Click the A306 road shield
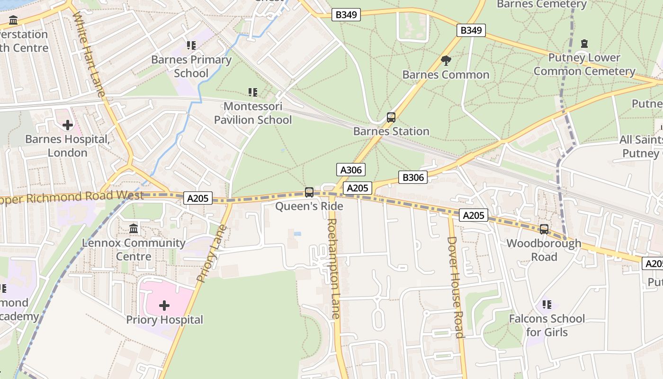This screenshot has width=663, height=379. pyautogui.click(x=351, y=170)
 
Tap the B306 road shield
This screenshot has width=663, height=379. pyautogui.click(x=412, y=177)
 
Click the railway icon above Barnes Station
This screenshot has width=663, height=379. pyautogui.click(x=391, y=117)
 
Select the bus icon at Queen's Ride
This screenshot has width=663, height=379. pyautogui.click(x=309, y=192)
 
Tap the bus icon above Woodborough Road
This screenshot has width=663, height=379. pyautogui.click(x=544, y=229)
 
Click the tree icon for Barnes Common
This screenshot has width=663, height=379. pyautogui.click(x=446, y=60)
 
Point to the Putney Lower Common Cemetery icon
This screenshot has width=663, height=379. pyautogui.click(x=584, y=44)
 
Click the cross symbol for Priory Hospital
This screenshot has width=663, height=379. pyautogui.click(x=164, y=306)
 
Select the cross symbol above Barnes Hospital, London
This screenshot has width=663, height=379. pyautogui.click(x=68, y=125)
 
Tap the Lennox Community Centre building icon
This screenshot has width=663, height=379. pyautogui.click(x=134, y=228)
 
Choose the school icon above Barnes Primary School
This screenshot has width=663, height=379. pyautogui.click(x=191, y=45)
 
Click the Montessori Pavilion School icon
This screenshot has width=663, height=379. pyautogui.click(x=253, y=92)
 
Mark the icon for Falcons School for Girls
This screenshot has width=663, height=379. pyautogui.click(x=547, y=304)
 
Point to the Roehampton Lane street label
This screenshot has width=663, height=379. pyautogui.click(x=333, y=268)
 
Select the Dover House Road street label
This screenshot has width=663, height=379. pyautogui.click(x=455, y=287)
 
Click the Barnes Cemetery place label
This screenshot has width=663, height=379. pyautogui.click(x=541, y=4)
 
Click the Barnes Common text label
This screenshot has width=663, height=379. pyautogui.click(x=446, y=75)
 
